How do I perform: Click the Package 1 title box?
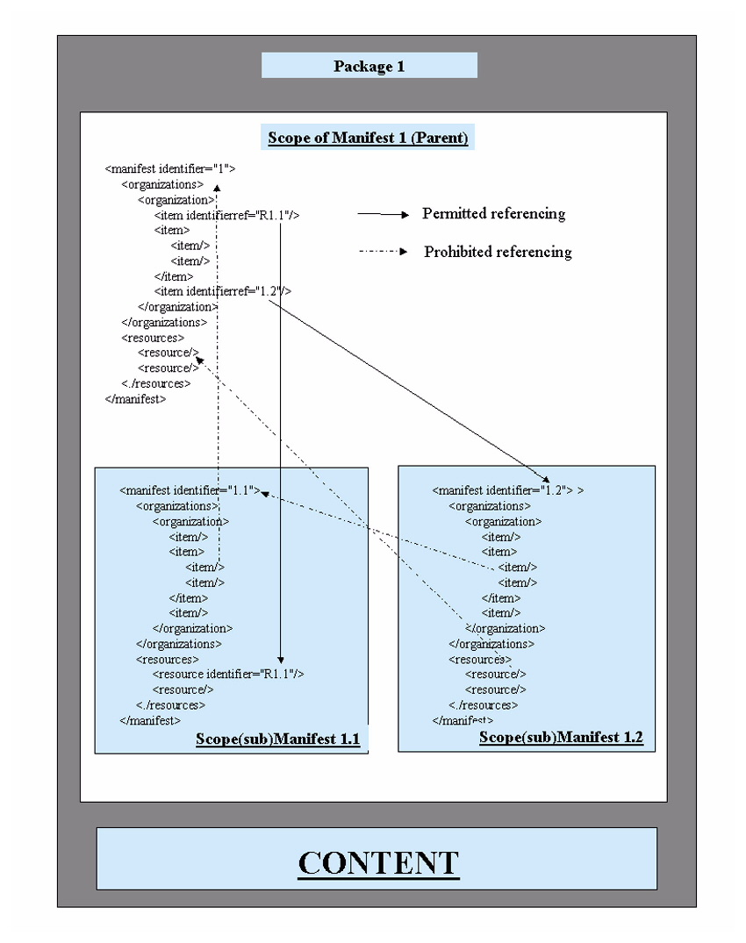(369, 66)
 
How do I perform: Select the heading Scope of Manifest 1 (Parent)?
(368, 138)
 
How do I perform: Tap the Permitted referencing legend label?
(493, 214)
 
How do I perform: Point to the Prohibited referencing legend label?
(498, 253)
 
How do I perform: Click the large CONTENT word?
(378, 862)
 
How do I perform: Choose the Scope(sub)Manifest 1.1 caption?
(277, 739)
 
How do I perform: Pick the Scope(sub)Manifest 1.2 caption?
(561, 738)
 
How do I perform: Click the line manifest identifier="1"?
(170, 169)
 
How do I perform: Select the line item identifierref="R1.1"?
(227, 215)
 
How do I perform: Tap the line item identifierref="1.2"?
(223, 291)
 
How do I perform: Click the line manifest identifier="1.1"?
(190, 490)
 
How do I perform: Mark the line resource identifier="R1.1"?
(228, 674)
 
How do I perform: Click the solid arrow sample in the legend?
(384, 214)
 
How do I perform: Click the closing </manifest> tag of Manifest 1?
(135, 398)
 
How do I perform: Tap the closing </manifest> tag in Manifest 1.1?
(150, 720)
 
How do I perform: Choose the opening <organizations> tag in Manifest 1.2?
(490, 506)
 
